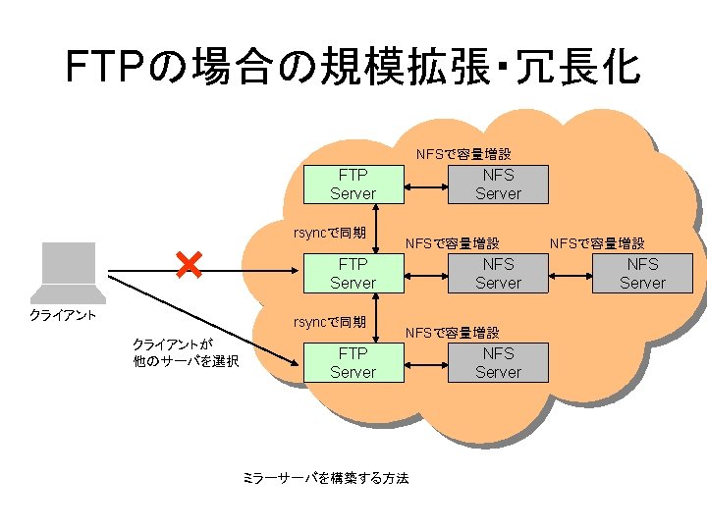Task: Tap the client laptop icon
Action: coord(68,272)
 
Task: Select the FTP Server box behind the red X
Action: coord(353,273)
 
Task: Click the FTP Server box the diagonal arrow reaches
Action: coord(353,362)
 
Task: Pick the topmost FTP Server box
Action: coord(353,184)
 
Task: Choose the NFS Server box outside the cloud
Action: coord(642,273)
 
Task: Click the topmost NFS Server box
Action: coord(498,184)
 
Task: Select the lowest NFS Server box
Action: coord(498,362)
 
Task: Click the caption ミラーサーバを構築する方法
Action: coord(325,478)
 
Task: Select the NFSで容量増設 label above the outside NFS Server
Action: coord(597,242)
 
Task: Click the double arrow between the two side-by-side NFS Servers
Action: coord(571,273)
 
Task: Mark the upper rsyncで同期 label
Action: coord(331,233)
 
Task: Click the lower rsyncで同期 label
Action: coord(331,322)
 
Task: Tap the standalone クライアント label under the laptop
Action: coord(63,315)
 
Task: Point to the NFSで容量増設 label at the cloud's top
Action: coord(463,154)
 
